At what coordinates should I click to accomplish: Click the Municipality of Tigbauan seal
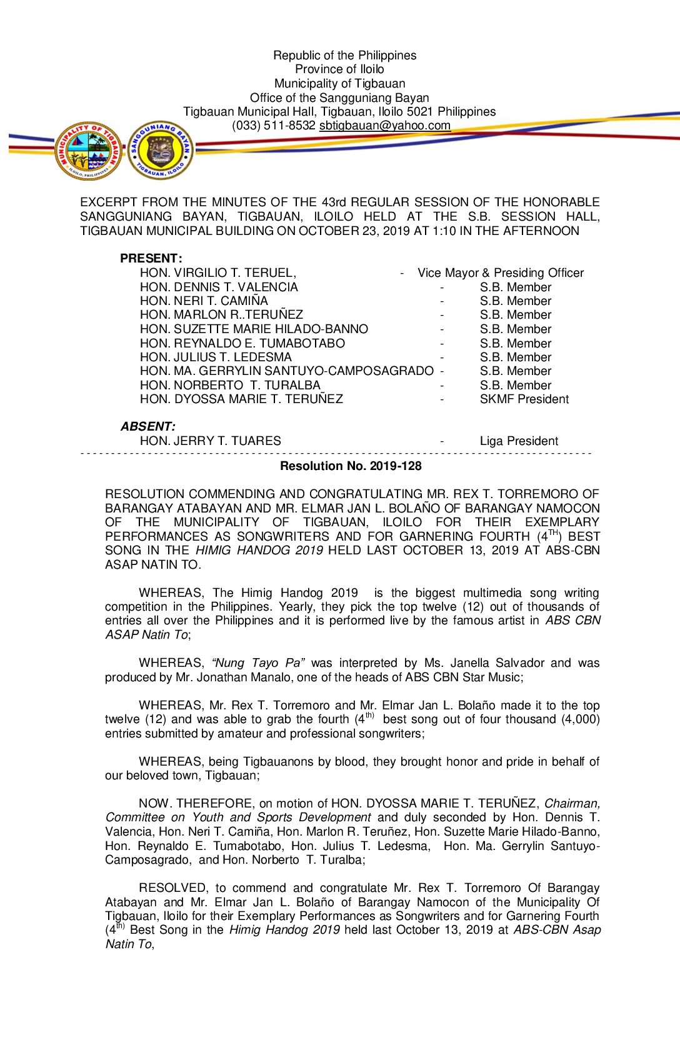(88, 152)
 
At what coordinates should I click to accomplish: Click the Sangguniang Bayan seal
(161, 151)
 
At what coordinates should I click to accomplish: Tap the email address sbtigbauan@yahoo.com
(384, 126)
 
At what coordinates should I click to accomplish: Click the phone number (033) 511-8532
(273, 126)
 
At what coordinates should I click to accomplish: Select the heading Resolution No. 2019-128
(351, 466)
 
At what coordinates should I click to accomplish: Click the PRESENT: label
(151, 258)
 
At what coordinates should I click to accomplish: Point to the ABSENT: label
(148, 426)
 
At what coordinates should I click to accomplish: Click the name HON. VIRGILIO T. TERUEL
(217, 272)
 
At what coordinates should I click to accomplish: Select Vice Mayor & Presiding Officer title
(501, 272)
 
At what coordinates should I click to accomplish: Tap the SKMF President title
(524, 399)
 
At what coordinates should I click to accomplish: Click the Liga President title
(519, 441)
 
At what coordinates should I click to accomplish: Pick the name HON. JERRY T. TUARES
(210, 441)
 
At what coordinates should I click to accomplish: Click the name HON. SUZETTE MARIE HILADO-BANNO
(254, 329)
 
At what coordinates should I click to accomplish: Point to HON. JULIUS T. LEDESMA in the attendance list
(216, 357)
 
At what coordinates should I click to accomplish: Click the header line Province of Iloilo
(339, 69)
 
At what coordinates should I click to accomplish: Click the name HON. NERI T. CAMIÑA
(204, 301)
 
